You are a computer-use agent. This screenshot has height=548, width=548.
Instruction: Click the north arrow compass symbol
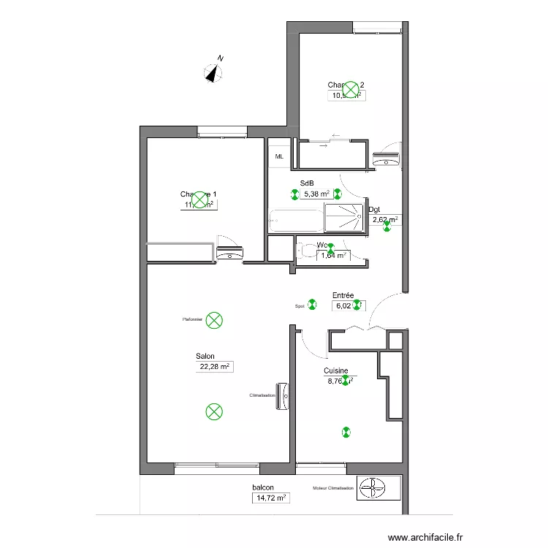tap(213, 72)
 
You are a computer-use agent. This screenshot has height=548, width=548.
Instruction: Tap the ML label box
tap(279, 156)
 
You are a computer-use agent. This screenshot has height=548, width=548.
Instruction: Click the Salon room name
tap(205, 357)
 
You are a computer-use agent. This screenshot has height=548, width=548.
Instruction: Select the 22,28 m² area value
tap(214, 368)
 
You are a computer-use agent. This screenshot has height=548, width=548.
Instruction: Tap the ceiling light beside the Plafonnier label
tap(214, 319)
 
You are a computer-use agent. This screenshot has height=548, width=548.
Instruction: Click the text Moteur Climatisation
tap(332, 488)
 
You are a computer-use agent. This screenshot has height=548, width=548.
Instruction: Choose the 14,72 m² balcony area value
tap(270, 498)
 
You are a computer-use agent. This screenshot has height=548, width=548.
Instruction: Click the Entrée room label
tap(343, 296)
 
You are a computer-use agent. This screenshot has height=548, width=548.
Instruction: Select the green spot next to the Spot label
tap(312, 305)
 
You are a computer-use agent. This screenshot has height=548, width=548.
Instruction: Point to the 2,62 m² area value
tap(385, 219)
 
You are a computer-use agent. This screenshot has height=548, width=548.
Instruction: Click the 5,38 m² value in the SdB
tap(316, 194)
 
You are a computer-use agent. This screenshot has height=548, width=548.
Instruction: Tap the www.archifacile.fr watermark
tap(426, 537)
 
